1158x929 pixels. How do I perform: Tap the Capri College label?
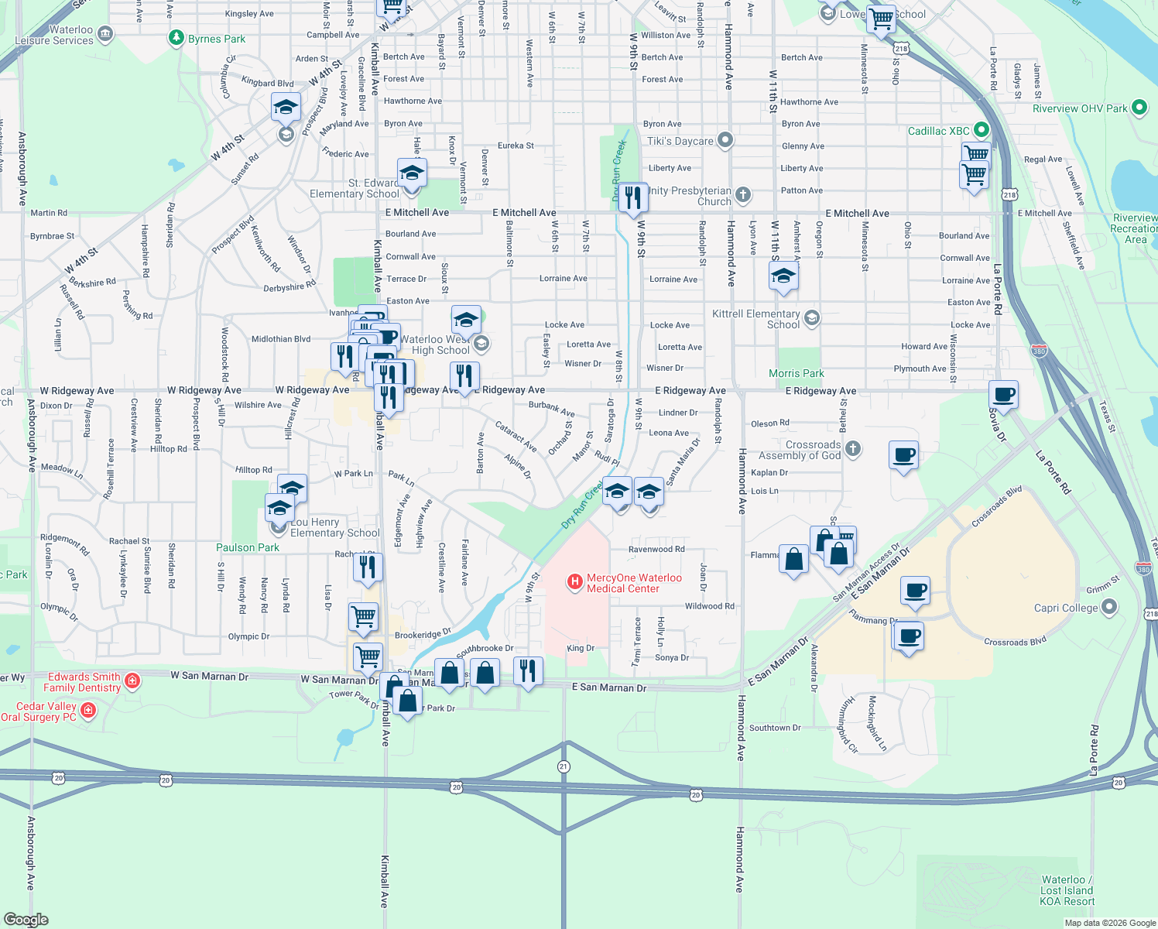click(x=1066, y=608)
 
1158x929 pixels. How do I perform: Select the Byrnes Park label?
click(x=217, y=39)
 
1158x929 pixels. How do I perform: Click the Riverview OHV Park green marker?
click(x=1139, y=108)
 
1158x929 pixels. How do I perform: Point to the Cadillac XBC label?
click(x=938, y=131)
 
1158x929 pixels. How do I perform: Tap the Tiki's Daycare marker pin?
click(x=725, y=140)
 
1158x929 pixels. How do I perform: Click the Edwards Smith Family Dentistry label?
click(x=83, y=682)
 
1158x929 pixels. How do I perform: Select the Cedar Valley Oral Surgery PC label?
click(x=40, y=711)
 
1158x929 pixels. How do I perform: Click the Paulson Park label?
click(x=248, y=547)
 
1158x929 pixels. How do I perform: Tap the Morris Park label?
click(x=797, y=373)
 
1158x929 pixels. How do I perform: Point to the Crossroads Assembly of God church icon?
click(x=852, y=449)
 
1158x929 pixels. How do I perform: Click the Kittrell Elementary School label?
click(x=756, y=319)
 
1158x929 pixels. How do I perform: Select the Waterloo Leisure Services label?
click(x=56, y=35)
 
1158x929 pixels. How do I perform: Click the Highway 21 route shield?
click(x=563, y=766)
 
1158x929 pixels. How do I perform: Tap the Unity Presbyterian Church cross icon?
click(x=743, y=194)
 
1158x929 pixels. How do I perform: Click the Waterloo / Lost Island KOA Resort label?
click(x=1067, y=890)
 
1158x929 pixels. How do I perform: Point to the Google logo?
click(x=26, y=919)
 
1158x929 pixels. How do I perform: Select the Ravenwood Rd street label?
click(x=656, y=549)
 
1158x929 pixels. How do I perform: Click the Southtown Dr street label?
click(x=775, y=728)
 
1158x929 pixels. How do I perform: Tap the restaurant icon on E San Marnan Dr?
click(x=527, y=670)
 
